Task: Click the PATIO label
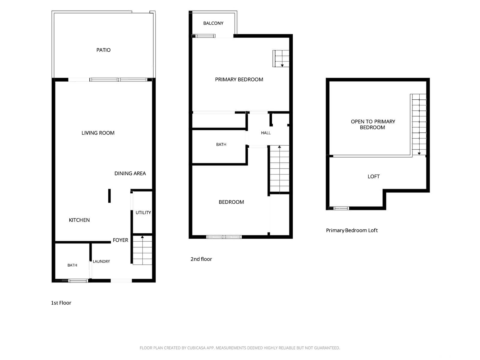pyautogui.click(x=104, y=50)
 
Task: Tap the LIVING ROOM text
pyautogui.click(x=98, y=133)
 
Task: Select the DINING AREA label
pyautogui.click(x=130, y=173)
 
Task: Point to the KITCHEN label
pyautogui.click(x=79, y=220)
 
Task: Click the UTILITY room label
pyautogui.click(x=143, y=212)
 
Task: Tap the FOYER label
pyautogui.click(x=120, y=240)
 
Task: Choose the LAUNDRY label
pyautogui.click(x=101, y=261)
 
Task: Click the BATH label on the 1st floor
pyautogui.click(x=72, y=265)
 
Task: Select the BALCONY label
pyautogui.click(x=213, y=23)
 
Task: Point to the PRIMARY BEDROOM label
pyautogui.click(x=239, y=79)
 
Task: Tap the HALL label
pyautogui.click(x=266, y=133)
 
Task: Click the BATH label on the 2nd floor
pyautogui.click(x=221, y=144)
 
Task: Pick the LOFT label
pyautogui.click(x=373, y=176)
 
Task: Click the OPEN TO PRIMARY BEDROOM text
pyautogui.click(x=373, y=124)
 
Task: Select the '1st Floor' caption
pyautogui.click(x=61, y=303)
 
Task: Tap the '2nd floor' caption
pyautogui.click(x=201, y=259)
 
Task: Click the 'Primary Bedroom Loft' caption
pyautogui.click(x=352, y=230)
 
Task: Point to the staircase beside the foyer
pyautogui.click(x=142, y=250)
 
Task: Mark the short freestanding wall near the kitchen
pyautogui.click(x=109, y=196)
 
